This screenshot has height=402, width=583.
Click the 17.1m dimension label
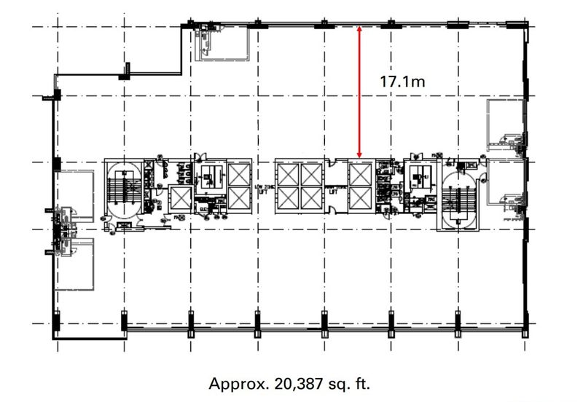tap(402, 82)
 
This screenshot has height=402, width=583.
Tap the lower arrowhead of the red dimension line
tap(359, 155)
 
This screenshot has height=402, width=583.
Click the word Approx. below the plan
tap(232, 383)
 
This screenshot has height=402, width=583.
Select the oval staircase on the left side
tap(122, 188)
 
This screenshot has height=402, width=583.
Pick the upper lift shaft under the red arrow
tap(359, 174)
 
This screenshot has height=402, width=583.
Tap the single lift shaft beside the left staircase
tap(179, 198)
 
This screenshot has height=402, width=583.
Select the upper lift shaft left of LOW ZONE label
tap(239, 174)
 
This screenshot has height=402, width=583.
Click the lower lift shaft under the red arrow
tap(359, 198)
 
